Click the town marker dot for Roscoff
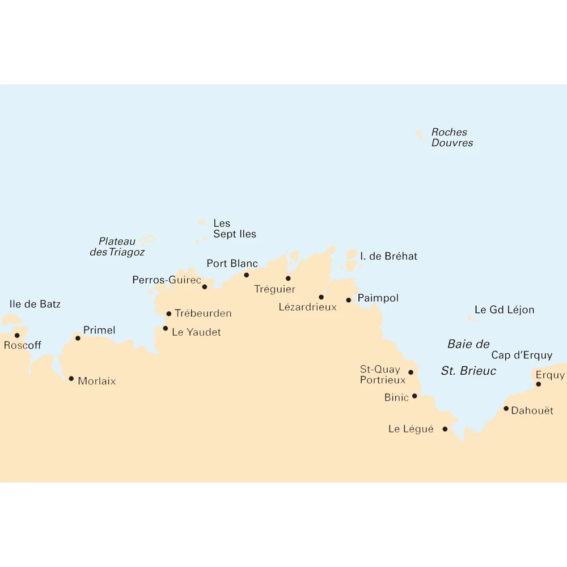click(17, 336)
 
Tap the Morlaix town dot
click(71, 379)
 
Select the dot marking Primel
click(78, 338)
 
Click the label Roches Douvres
click(452, 138)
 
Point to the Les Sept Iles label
click(234, 229)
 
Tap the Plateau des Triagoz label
click(117, 247)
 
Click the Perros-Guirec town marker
click(205, 287)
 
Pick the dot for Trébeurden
click(168, 314)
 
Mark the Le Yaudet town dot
click(166, 328)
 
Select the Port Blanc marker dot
click(246, 275)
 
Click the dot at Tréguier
click(288, 278)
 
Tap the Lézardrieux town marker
click(321, 297)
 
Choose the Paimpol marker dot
click(349, 300)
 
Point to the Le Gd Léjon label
click(504, 310)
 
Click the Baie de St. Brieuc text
click(468, 358)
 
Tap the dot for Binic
click(414, 396)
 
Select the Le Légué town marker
click(445, 429)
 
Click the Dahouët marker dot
click(506, 408)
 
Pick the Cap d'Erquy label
click(522, 356)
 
